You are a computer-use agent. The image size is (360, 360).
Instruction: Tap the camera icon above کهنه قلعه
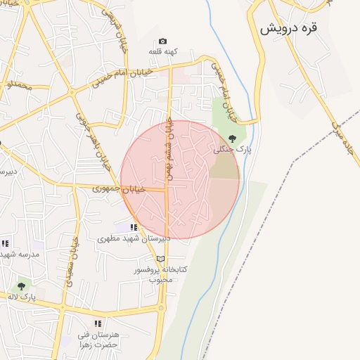tap(163, 41)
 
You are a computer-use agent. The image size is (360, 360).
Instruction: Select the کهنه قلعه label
tap(163, 52)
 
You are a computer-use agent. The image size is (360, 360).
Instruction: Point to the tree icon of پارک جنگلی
tap(233, 139)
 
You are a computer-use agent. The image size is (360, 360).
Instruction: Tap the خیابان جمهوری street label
tap(119, 188)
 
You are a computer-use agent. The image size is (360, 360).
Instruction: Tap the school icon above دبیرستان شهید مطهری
tap(134, 226)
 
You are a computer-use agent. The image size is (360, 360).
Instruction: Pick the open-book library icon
tap(160, 258)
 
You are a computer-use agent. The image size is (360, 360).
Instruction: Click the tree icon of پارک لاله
tap(21, 286)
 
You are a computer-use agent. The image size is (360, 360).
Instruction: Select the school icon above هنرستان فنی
tap(98, 323)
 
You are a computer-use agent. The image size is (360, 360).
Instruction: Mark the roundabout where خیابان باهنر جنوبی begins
tap(72, 92)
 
